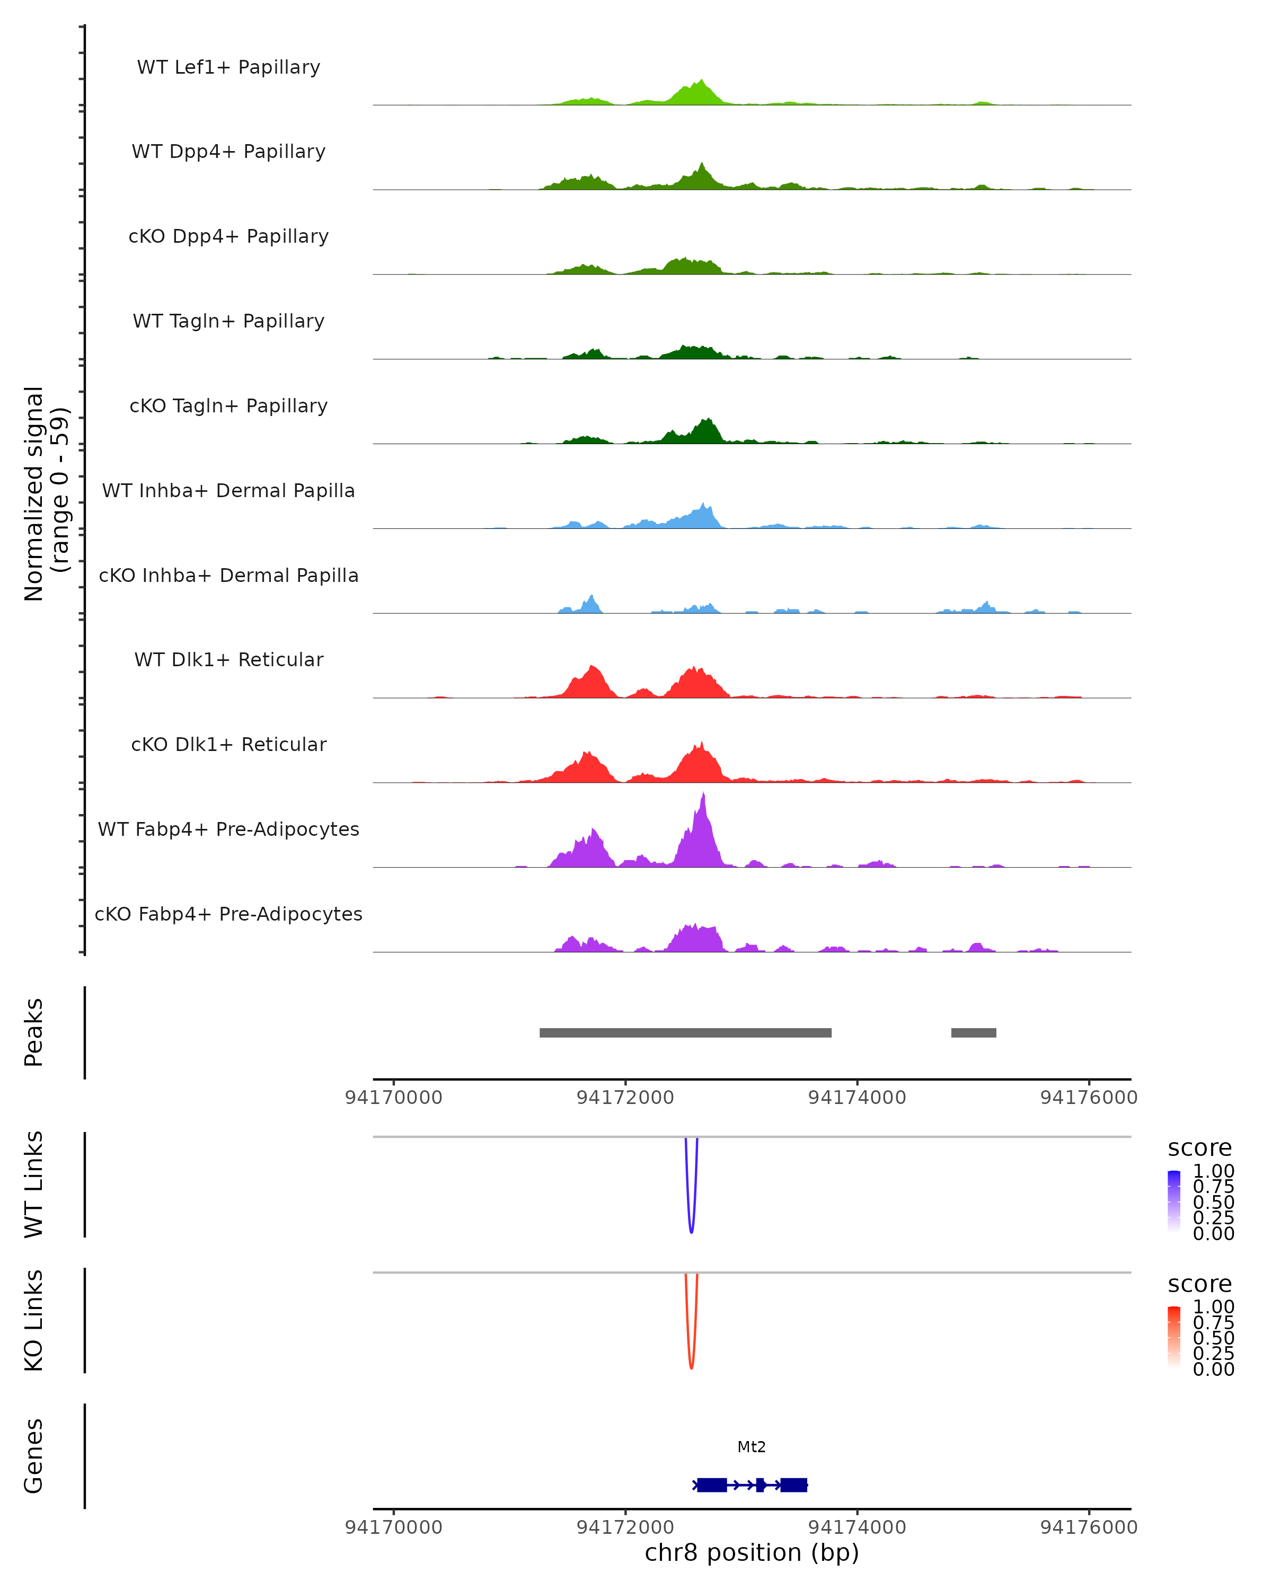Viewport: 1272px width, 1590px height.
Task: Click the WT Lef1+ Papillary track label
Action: [228, 67]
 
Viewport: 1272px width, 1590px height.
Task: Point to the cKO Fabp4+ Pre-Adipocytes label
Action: [228, 914]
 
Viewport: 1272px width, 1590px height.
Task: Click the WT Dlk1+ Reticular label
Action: [228, 659]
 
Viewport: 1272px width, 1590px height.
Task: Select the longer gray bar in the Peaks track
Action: [685, 1032]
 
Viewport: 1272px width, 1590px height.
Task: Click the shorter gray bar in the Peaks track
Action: [974, 1032]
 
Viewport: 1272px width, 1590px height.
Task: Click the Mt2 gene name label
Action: [752, 1447]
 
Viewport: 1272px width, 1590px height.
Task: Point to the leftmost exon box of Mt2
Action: [712, 1485]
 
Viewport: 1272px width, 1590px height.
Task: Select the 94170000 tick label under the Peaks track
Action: [394, 1098]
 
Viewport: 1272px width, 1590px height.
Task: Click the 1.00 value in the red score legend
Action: [1214, 1307]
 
